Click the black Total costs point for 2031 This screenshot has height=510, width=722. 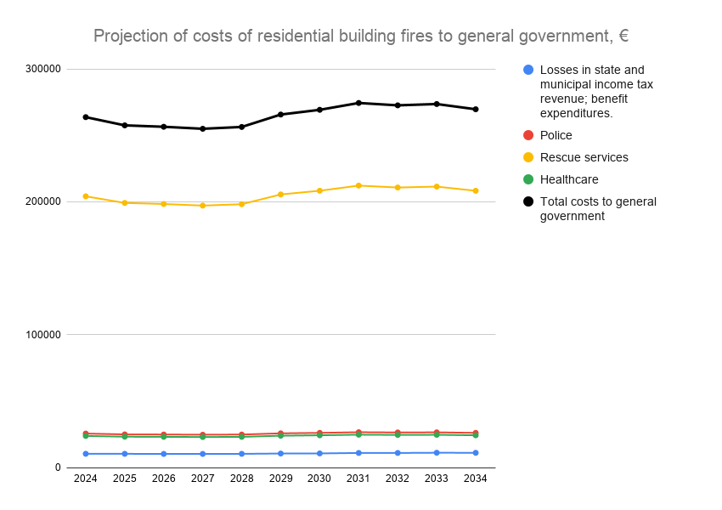click(358, 103)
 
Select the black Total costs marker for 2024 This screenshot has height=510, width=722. click(86, 116)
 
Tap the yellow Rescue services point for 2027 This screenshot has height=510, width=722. click(202, 206)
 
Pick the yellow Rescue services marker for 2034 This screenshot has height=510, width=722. click(476, 190)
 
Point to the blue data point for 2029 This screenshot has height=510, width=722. click(280, 453)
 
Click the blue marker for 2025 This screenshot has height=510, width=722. click(125, 454)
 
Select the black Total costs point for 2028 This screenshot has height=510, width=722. click(241, 127)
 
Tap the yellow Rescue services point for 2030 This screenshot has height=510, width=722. click(319, 190)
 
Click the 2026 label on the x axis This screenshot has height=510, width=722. click(164, 479)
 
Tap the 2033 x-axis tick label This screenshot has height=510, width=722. click(437, 479)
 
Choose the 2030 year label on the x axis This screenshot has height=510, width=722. click(319, 479)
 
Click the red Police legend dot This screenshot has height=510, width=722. click(528, 135)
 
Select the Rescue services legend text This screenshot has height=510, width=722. click(584, 157)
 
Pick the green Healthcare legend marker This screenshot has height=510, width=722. click(528, 179)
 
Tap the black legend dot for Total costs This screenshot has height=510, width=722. click(528, 201)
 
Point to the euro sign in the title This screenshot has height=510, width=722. click(623, 36)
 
